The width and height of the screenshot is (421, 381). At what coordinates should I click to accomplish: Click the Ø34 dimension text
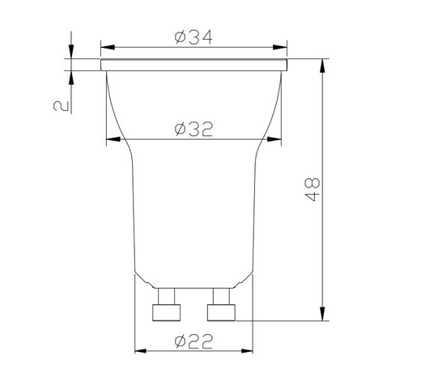(194, 38)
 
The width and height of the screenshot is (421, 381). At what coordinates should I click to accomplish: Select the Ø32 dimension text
(194, 129)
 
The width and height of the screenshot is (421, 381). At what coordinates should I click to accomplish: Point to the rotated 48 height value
(314, 189)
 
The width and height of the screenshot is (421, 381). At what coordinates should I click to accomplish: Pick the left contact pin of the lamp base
(168, 311)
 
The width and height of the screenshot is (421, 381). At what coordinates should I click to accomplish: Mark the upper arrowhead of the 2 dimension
(71, 53)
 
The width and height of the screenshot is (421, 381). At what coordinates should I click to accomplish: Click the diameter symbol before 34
(180, 38)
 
